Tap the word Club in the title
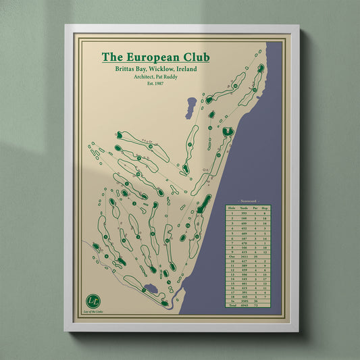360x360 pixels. click(195, 58)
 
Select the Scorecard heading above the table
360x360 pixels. click(254, 202)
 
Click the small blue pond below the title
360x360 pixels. click(192, 105)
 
